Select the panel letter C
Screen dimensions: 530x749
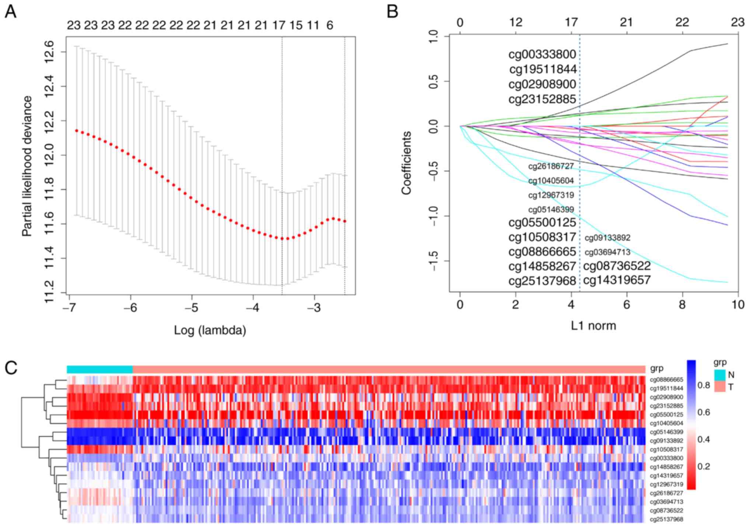(x=11, y=367)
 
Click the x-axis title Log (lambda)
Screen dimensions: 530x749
(x=210, y=330)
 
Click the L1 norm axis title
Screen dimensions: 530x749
(x=593, y=325)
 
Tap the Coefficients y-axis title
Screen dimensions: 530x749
(x=406, y=163)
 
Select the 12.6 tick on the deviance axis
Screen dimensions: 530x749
(x=49, y=52)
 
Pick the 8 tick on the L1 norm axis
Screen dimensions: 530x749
(x=682, y=305)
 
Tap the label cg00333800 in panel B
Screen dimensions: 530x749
(x=542, y=54)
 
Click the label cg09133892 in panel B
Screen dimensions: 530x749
(x=607, y=238)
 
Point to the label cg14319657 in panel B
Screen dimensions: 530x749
(x=617, y=280)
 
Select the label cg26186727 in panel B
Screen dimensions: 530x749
(x=551, y=166)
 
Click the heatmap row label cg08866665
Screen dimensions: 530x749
(x=666, y=379)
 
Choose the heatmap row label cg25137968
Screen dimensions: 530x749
(x=666, y=519)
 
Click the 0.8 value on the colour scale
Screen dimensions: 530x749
(x=704, y=385)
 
